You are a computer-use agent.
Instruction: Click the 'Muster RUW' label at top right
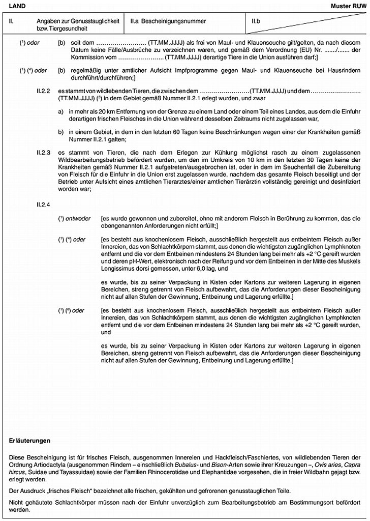click(351, 5)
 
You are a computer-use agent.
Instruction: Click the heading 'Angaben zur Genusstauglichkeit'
click(78, 21)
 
